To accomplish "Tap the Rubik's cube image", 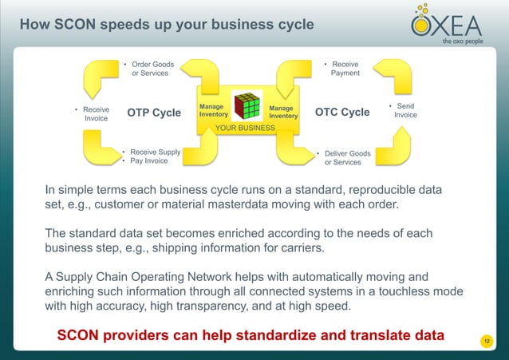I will point(246,107).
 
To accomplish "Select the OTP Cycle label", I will point(154,113).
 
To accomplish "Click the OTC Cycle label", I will point(342,113).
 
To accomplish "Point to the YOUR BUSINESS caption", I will point(246,128).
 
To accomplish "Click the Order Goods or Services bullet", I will point(151,68).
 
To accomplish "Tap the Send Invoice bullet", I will point(404,110).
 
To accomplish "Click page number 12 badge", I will point(486,342).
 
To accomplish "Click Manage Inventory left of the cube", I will point(211,111).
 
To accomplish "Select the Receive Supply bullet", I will point(155,151).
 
